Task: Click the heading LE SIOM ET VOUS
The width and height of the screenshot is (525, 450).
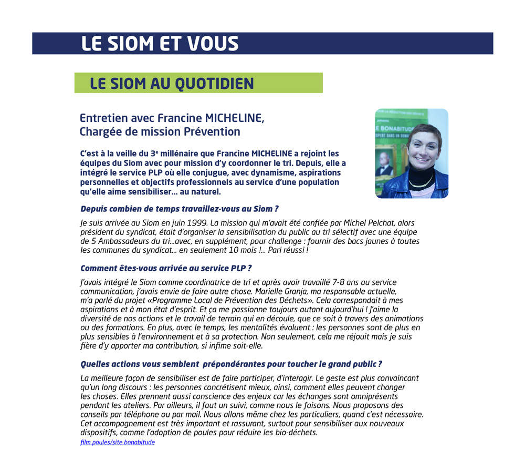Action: tap(160, 44)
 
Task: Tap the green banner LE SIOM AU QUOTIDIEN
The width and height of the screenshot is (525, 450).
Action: tap(172, 84)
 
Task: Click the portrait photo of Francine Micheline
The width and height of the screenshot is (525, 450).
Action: tap(411, 154)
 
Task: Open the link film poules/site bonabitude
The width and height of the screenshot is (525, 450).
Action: tap(118, 442)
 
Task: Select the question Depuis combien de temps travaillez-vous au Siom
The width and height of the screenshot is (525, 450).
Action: tap(180, 209)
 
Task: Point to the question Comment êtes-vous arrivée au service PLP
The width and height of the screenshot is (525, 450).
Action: tap(166, 268)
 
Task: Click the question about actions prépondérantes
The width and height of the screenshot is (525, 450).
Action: tap(231, 364)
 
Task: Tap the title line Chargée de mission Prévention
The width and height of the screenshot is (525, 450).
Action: tap(160, 131)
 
